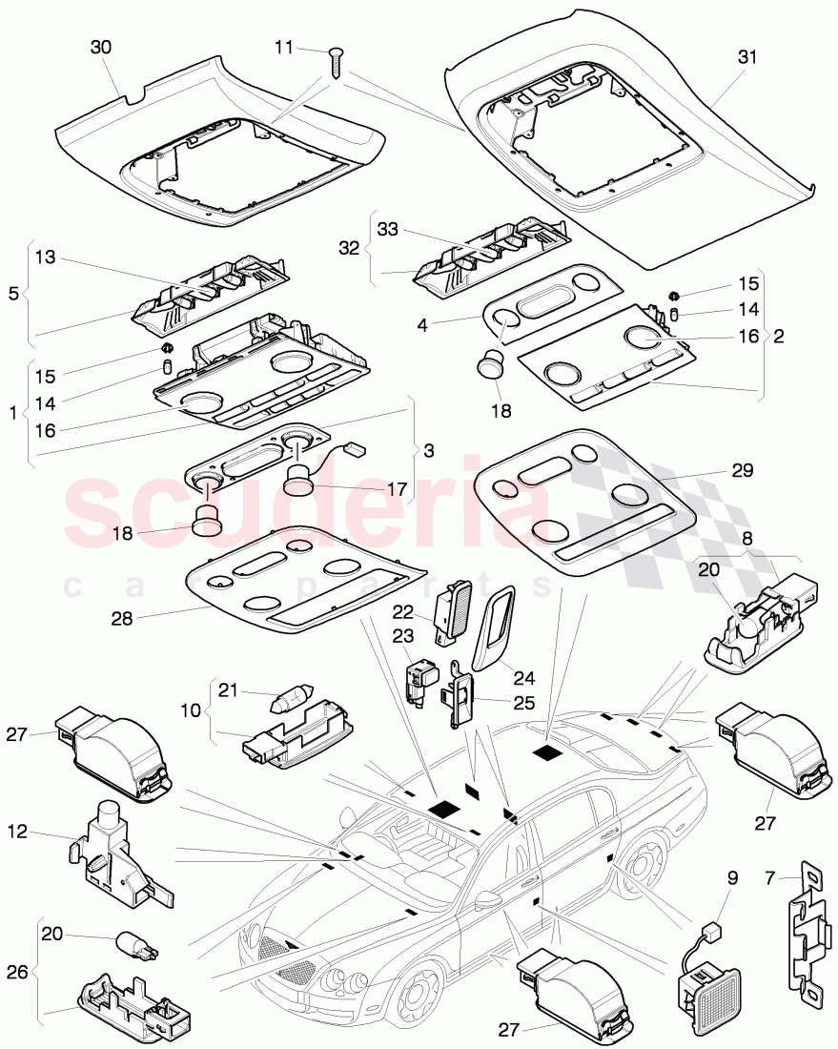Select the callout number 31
click(x=746, y=57)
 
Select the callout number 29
click(x=743, y=469)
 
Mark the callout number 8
click(x=746, y=538)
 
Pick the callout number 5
click(x=13, y=294)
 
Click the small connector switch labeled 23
click(x=420, y=681)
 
